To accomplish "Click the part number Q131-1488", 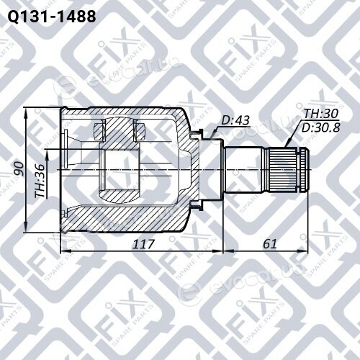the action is click(52, 17).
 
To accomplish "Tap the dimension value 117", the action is click(143, 244).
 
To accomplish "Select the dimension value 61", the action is click(270, 244).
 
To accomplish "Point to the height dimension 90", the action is click(18, 169).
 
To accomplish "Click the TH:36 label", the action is click(40, 181).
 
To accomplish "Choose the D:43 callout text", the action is click(235, 120).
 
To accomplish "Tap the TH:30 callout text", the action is click(321, 114).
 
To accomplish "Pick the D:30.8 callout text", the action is click(320, 127).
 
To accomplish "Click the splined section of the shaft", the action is click(282, 169).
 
